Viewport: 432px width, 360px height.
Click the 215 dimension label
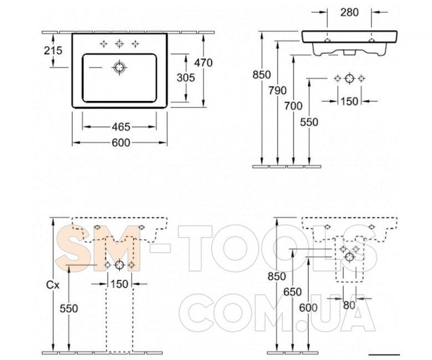click(53, 50)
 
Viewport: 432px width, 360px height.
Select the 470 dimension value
click(203, 63)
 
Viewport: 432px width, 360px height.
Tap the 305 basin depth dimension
click(186, 78)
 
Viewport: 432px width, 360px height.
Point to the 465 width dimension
click(121, 127)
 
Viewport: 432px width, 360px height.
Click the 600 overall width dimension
click(121, 143)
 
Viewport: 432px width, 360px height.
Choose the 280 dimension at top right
click(349, 12)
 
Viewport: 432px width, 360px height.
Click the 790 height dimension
click(277, 90)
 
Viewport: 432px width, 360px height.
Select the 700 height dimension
click(293, 106)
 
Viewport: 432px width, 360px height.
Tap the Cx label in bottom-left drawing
click(53, 285)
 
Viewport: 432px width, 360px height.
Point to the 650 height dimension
click(292, 292)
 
